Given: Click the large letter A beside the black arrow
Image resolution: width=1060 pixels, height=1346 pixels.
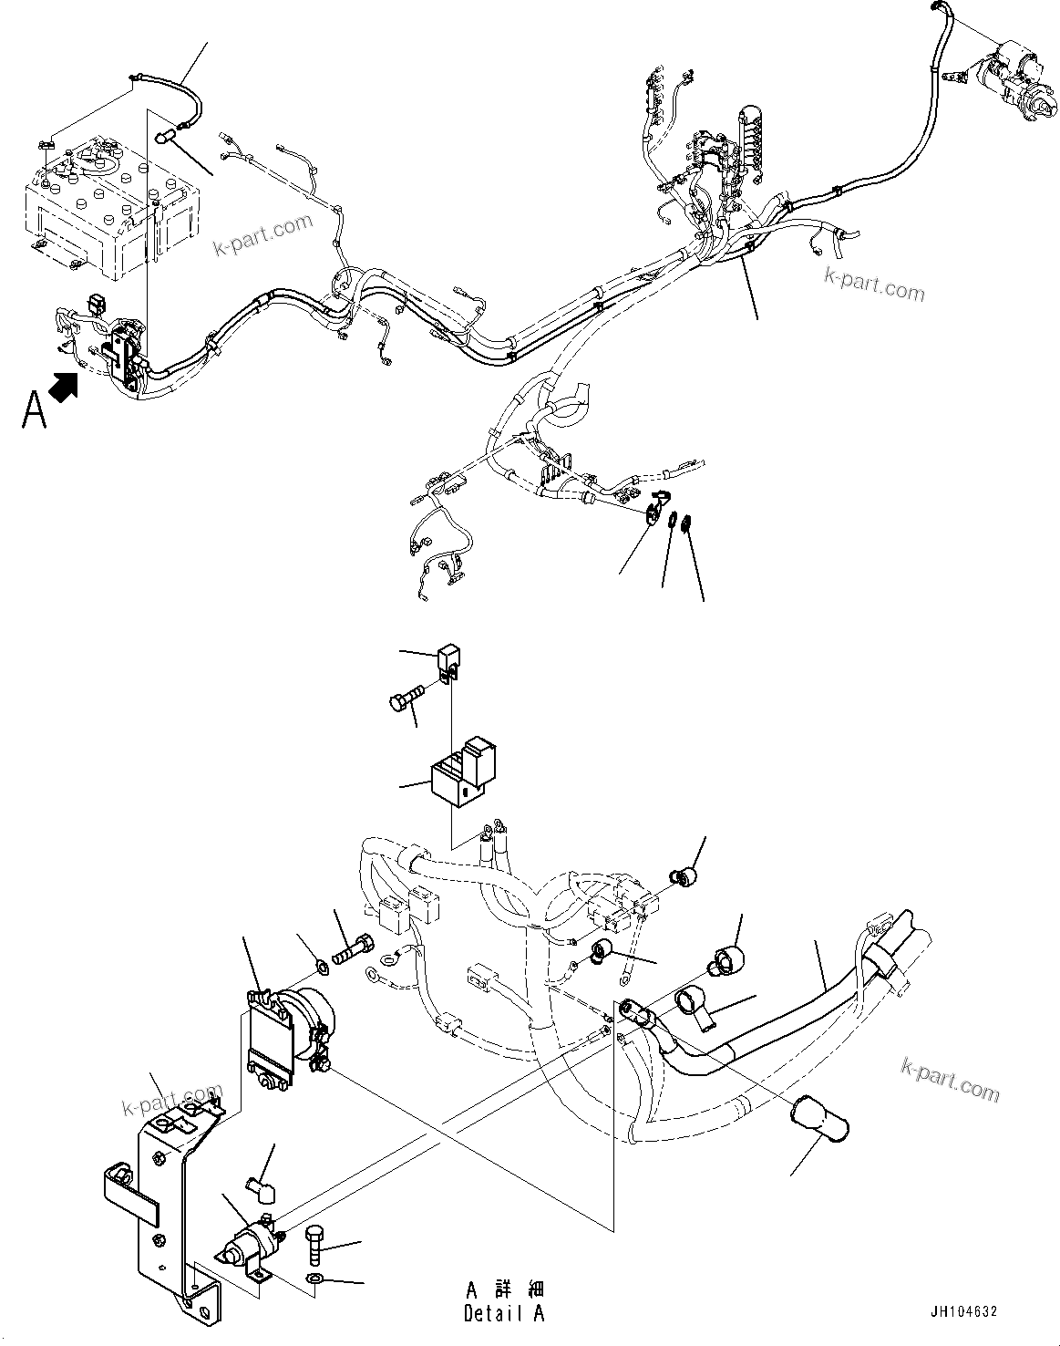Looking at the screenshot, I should [34, 409].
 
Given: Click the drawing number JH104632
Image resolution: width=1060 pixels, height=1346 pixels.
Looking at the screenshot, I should [963, 1311].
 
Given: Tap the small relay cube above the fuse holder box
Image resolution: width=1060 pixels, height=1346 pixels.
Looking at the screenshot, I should [447, 661].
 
